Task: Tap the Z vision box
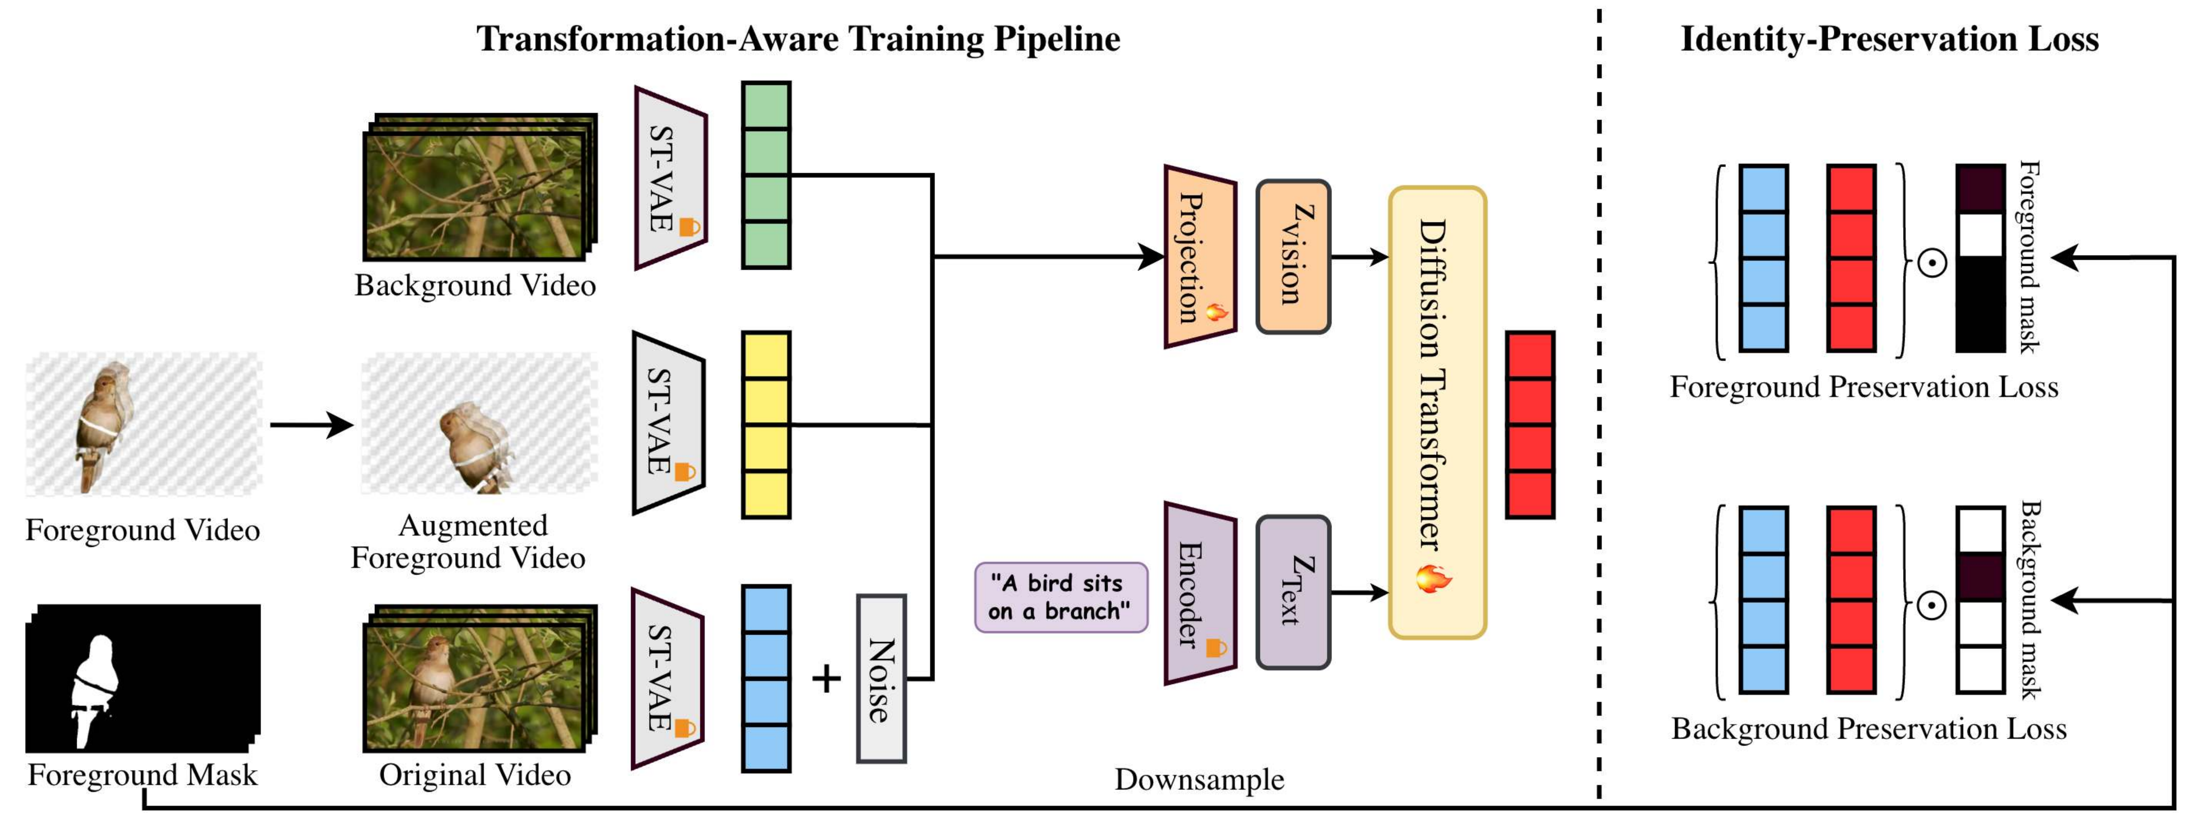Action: click(x=1293, y=256)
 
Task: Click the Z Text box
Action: click(x=1293, y=591)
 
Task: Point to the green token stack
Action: click(x=766, y=175)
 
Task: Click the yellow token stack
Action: click(x=766, y=425)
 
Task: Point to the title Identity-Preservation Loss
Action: click(x=1889, y=39)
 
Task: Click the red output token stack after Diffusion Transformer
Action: click(x=1529, y=425)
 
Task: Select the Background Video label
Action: click(x=475, y=285)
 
